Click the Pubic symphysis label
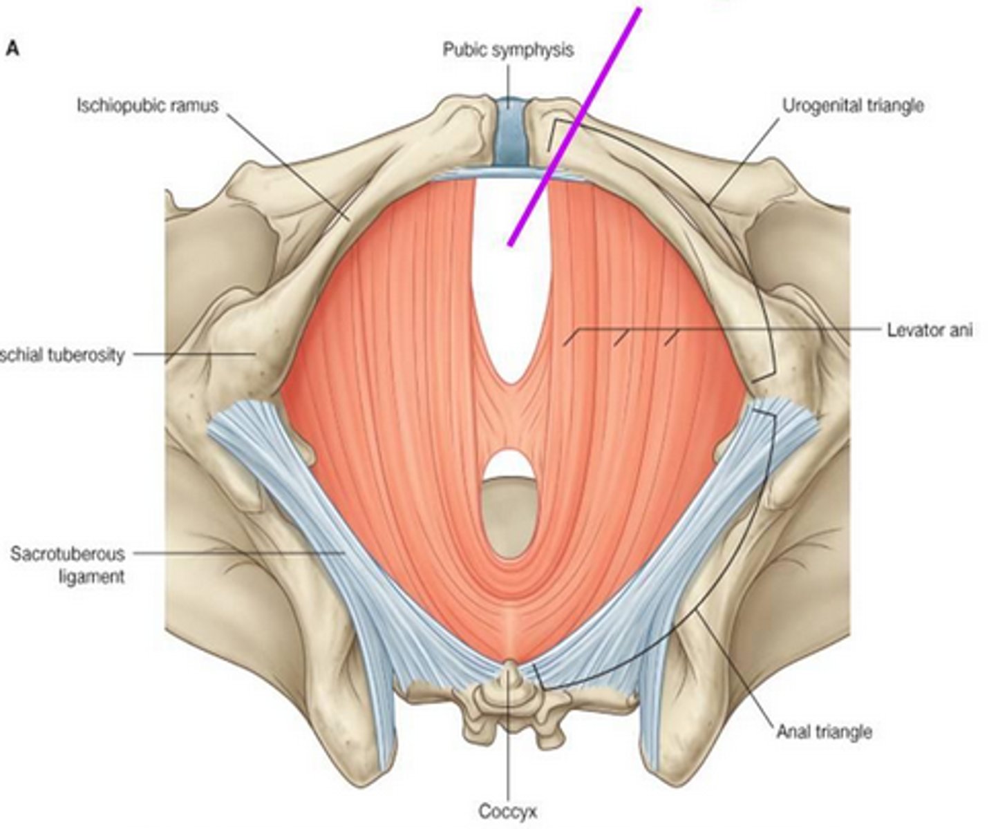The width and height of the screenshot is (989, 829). coord(507,50)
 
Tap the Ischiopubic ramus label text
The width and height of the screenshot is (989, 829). coord(147,106)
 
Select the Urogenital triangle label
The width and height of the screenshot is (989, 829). coord(852,106)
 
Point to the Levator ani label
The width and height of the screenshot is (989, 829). coord(929,330)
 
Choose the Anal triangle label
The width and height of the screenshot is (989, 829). coord(823,731)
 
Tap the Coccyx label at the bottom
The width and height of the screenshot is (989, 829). coord(507,811)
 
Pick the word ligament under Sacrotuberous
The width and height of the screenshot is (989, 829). coord(91,576)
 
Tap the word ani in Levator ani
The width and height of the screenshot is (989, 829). coord(959,330)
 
